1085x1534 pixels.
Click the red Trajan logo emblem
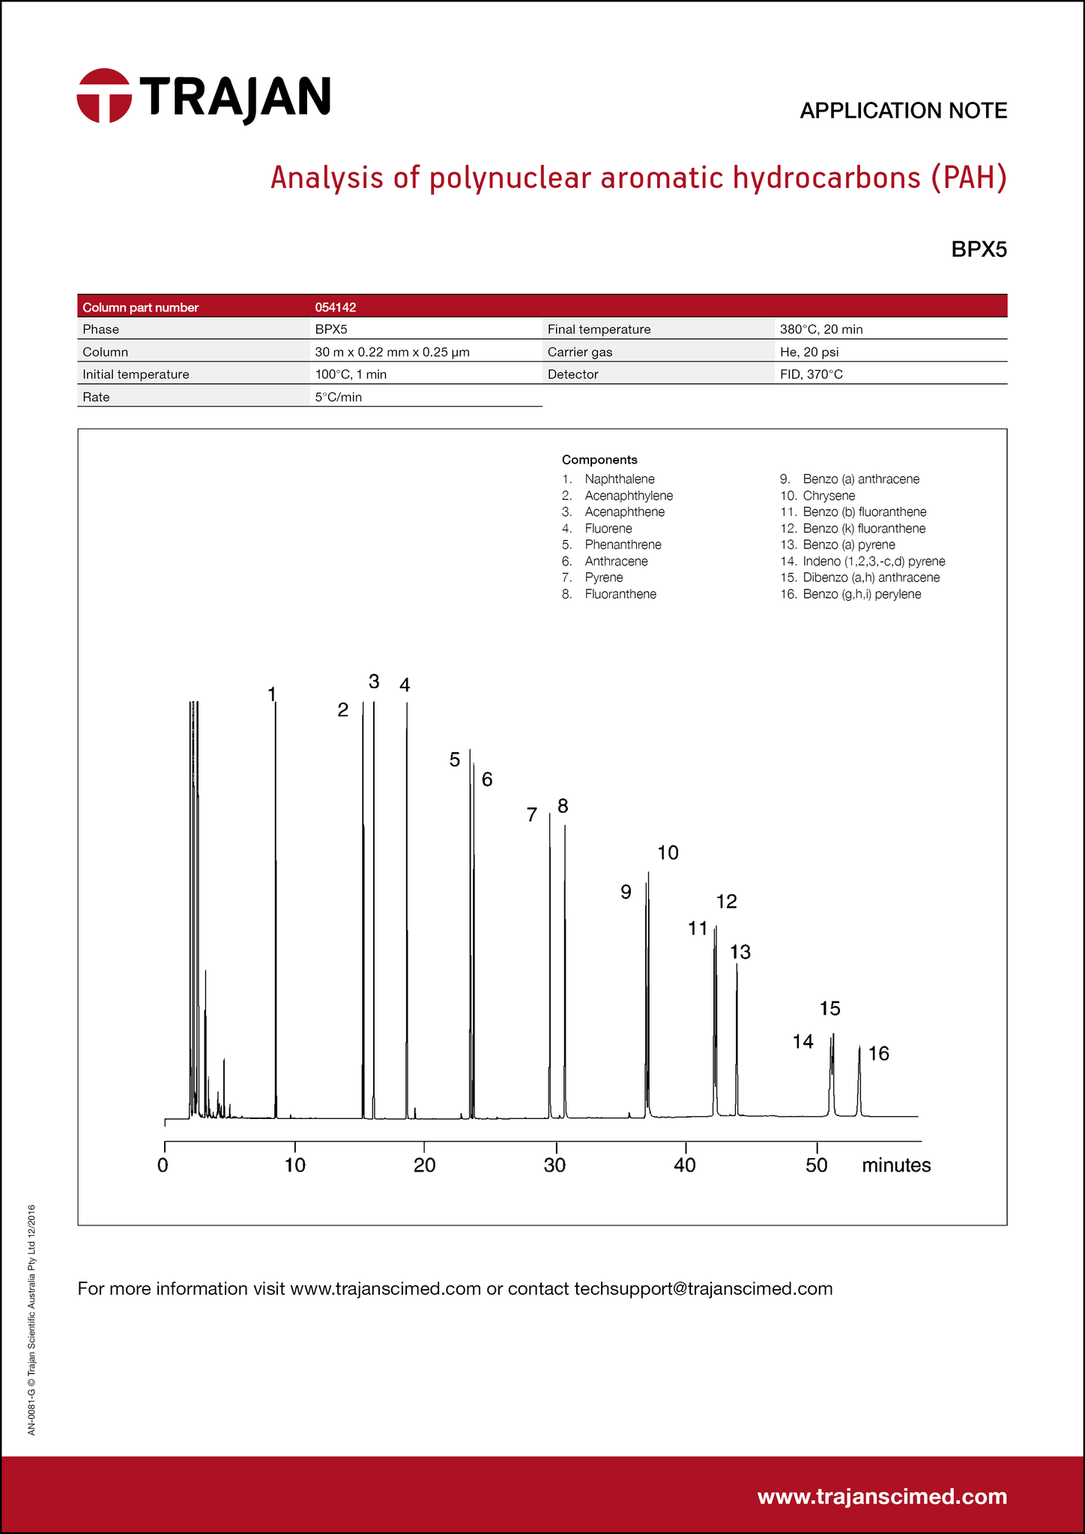pyautogui.click(x=104, y=96)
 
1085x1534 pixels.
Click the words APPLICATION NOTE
pyautogui.click(x=903, y=111)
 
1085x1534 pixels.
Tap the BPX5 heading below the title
pyautogui.click(x=979, y=249)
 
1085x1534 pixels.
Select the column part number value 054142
pyautogui.click(x=335, y=307)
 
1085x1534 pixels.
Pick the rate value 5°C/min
pyautogui.click(x=338, y=397)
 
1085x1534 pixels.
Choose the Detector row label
pyautogui.click(x=573, y=375)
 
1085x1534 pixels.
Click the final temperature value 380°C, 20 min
pyautogui.click(x=821, y=330)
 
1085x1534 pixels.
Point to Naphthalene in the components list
pyautogui.click(x=620, y=479)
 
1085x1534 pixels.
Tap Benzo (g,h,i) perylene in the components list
pyautogui.click(x=862, y=594)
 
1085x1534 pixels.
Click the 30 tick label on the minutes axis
pyautogui.click(x=555, y=1165)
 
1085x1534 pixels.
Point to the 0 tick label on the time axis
pyautogui.click(x=163, y=1165)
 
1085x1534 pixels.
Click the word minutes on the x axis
pyautogui.click(x=896, y=1165)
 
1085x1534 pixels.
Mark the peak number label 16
pyautogui.click(x=878, y=1054)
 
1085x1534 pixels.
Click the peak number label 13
pyautogui.click(x=740, y=952)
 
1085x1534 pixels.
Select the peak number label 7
pyautogui.click(x=532, y=815)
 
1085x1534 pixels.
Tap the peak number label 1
pyautogui.click(x=271, y=694)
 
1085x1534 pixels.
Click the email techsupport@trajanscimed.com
pyautogui.click(x=703, y=1288)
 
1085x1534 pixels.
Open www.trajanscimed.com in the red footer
pyautogui.click(x=882, y=1497)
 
